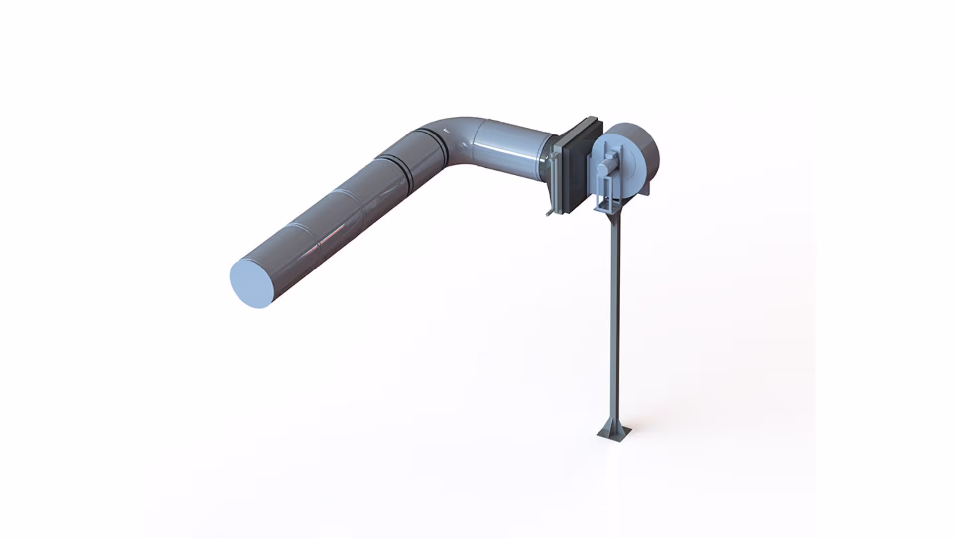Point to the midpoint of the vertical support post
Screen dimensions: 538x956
[x=614, y=319]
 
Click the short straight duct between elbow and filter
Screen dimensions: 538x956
[x=513, y=149]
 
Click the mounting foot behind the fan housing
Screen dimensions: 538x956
[x=649, y=190]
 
